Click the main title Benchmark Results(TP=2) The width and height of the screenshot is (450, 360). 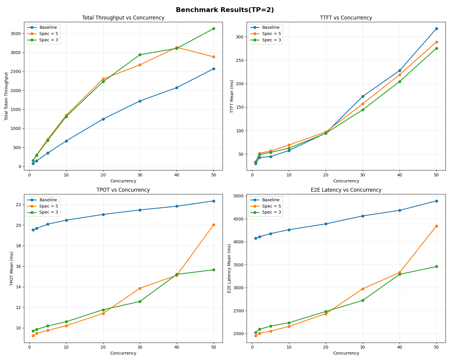tap(225, 10)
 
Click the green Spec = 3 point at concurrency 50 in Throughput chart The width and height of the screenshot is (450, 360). tap(214, 28)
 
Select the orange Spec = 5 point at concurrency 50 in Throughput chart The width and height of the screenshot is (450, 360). tap(214, 57)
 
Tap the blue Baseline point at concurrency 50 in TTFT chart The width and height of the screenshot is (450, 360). tap(436, 28)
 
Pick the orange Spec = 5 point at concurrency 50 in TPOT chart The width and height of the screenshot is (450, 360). tap(214, 225)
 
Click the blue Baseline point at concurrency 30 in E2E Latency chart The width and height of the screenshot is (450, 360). tap(363, 216)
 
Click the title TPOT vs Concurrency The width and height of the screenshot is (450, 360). tap(123, 190)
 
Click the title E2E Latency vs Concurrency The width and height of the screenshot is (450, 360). tap(346, 190)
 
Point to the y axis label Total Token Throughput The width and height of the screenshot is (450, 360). tap(6, 96)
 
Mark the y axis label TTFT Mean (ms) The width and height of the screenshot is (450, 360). tap(232, 96)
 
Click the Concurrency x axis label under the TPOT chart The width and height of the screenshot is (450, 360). tap(123, 353)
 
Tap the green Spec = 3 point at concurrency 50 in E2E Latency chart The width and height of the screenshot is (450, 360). tap(436, 266)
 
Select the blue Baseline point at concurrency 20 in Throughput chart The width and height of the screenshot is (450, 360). tap(103, 119)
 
